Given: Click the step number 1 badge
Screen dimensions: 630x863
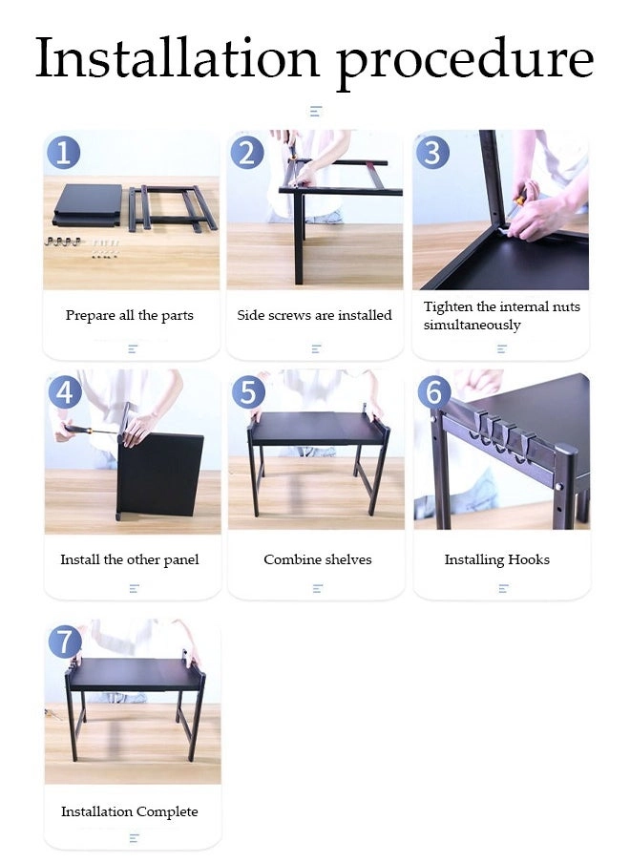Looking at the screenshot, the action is [x=63, y=153].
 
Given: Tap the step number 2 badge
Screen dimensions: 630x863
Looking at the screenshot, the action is [x=247, y=153].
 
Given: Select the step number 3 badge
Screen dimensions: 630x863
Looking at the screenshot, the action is [x=432, y=153].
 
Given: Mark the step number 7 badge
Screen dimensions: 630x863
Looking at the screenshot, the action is [x=65, y=642].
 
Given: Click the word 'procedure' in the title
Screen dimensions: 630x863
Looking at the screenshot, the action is [x=466, y=62].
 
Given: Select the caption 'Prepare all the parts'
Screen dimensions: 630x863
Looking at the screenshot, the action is [x=129, y=315].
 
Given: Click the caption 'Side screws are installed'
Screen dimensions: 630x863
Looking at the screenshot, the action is [x=314, y=315].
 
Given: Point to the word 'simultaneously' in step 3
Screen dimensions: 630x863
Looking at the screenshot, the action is [x=472, y=325].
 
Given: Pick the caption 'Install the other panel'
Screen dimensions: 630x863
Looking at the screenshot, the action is [x=129, y=559].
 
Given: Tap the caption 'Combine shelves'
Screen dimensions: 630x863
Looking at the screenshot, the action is [x=318, y=559].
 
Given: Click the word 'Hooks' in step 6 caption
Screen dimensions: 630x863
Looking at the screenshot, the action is [x=529, y=559].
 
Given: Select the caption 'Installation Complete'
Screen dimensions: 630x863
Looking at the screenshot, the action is [x=129, y=811].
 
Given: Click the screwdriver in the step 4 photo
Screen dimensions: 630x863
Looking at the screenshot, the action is [x=91, y=430].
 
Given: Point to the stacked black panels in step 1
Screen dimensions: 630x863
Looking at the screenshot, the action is [x=88, y=204].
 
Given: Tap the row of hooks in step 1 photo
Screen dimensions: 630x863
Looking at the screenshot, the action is [x=64, y=242].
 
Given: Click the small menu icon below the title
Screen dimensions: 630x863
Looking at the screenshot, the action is [x=315, y=111].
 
